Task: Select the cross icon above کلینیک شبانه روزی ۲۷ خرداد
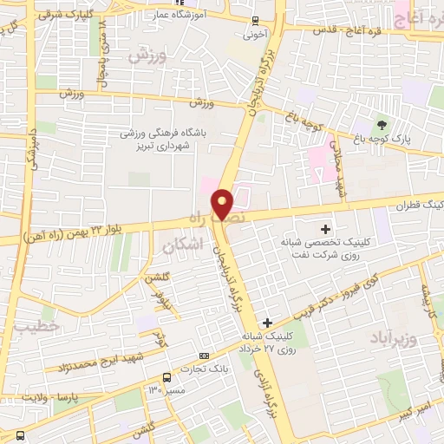tap(268, 322)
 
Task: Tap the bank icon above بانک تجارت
tap(204, 356)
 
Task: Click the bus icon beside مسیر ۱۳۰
tap(166, 377)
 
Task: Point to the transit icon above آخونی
tap(254, 21)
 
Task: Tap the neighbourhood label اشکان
tap(181, 246)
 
